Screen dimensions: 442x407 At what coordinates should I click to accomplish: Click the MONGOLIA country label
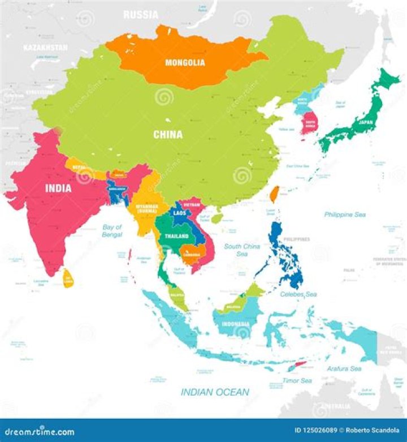(185, 62)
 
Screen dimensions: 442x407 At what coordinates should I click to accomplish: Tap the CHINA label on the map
(168, 135)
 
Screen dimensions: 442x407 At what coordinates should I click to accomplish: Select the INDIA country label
(58, 188)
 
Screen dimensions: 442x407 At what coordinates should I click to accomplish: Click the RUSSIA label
(141, 15)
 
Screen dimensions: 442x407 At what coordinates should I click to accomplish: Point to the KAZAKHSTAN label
(45, 48)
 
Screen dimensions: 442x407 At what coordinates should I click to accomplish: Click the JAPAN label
(365, 121)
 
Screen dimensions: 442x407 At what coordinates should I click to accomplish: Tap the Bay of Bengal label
(112, 230)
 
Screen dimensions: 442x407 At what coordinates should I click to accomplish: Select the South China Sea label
(242, 250)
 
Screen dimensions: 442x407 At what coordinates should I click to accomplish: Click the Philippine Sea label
(345, 214)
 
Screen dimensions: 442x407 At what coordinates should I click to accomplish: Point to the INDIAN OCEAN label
(215, 392)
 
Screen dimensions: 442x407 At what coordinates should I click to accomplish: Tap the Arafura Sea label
(344, 368)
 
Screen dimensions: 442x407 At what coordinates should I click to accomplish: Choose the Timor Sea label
(297, 380)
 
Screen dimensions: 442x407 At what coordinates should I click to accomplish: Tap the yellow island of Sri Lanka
(68, 278)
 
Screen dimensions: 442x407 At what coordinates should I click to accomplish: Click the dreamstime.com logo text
(38, 432)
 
